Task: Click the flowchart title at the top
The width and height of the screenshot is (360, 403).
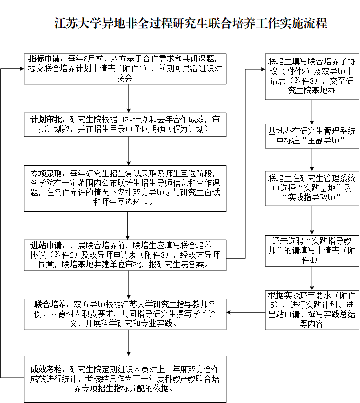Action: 190,23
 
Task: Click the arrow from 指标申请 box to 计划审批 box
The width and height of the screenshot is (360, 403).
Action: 129,98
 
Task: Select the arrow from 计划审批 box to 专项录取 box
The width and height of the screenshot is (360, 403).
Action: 129,151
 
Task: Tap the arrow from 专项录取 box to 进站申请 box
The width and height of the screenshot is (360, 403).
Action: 128,226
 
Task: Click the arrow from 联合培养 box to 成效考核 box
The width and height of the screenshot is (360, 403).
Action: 129,343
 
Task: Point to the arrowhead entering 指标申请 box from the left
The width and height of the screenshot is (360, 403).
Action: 22,69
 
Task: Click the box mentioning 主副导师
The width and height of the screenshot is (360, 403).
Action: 312,136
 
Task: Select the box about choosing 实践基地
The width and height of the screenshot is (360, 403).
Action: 312,188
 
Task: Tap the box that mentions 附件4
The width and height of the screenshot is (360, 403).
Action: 312,251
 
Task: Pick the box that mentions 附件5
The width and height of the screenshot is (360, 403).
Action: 312,310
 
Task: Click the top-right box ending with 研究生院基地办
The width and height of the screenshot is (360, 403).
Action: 312,76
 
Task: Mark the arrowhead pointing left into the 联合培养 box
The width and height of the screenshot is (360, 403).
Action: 228,312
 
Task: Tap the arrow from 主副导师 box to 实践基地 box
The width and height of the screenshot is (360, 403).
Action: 312,159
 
